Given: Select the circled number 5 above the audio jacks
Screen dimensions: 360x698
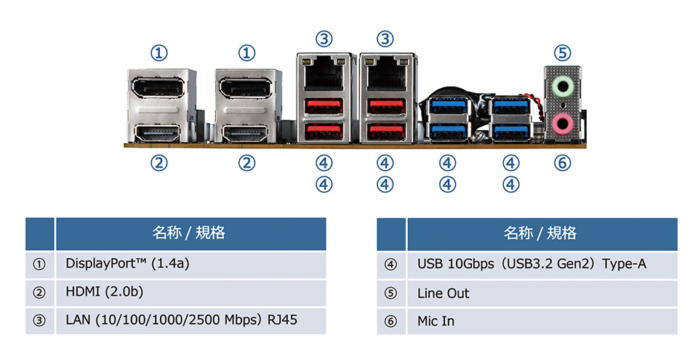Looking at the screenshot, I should (x=562, y=52).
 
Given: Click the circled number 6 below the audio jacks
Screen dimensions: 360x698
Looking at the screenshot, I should (x=562, y=163).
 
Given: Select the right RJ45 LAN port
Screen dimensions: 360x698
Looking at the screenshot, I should (x=385, y=73).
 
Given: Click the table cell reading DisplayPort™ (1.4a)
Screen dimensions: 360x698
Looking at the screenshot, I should (x=127, y=264).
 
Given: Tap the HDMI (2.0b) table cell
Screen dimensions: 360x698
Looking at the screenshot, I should (x=105, y=292).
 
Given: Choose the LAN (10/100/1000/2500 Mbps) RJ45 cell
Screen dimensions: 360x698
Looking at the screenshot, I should (x=182, y=319).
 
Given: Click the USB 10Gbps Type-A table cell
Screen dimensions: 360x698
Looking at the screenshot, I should (x=531, y=264).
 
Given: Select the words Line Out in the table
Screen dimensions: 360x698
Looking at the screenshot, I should (x=444, y=293).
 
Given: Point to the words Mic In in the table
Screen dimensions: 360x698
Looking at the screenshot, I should (x=436, y=320).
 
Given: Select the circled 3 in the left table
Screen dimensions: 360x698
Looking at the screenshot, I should (x=40, y=320).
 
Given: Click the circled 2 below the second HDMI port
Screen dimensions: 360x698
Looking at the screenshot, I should (x=247, y=163).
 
